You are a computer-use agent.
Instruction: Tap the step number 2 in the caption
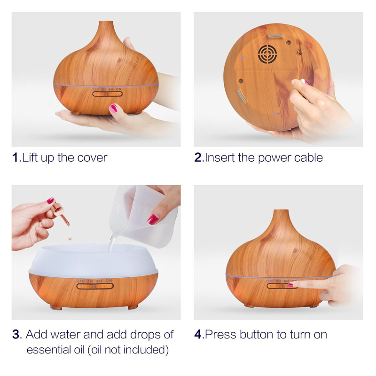point(198,157)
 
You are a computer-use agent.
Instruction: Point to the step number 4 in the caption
point(198,335)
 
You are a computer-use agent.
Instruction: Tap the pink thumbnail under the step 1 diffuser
point(114,108)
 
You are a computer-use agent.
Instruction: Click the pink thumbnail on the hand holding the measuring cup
point(153,219)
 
